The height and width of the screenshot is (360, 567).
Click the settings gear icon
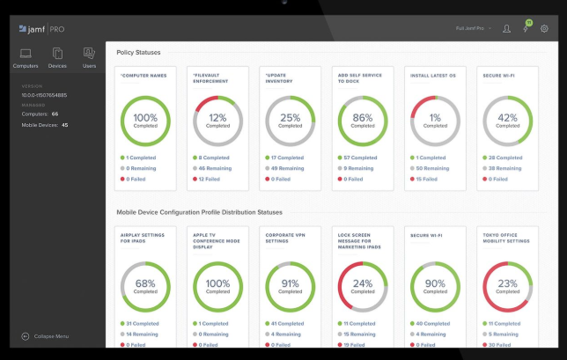pyautogui.click(x=544, y=28)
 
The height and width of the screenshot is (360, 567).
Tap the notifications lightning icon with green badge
pyautogui.click(x=526, y=28)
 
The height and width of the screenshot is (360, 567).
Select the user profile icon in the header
pyautogui.click(x=506, y=28)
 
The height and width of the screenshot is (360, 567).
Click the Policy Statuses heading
pyautogui.click(x=138, y=53)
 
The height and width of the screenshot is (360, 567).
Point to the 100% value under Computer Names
pyautogui.click(x=145, y=118)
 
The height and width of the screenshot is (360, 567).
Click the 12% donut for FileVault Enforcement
pyautogui.click(x=217, y=121)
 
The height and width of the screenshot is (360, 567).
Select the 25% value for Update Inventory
pyautogui.click(x=291, y=118)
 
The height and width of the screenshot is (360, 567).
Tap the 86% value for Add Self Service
pyautogui.click(x=363, y=118)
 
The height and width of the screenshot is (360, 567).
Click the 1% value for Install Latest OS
pyautogui.click(x=435, y=118)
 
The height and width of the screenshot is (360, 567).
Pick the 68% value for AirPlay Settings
pyautogui.click(x=145, y=284)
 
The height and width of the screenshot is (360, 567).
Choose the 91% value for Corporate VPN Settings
pyautogui.click(x=291, y=284)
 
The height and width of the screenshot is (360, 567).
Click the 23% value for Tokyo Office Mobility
pyautogui.click(x=507, y=284)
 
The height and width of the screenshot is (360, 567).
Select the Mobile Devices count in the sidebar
pyautogui.click(x=44, y=125)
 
